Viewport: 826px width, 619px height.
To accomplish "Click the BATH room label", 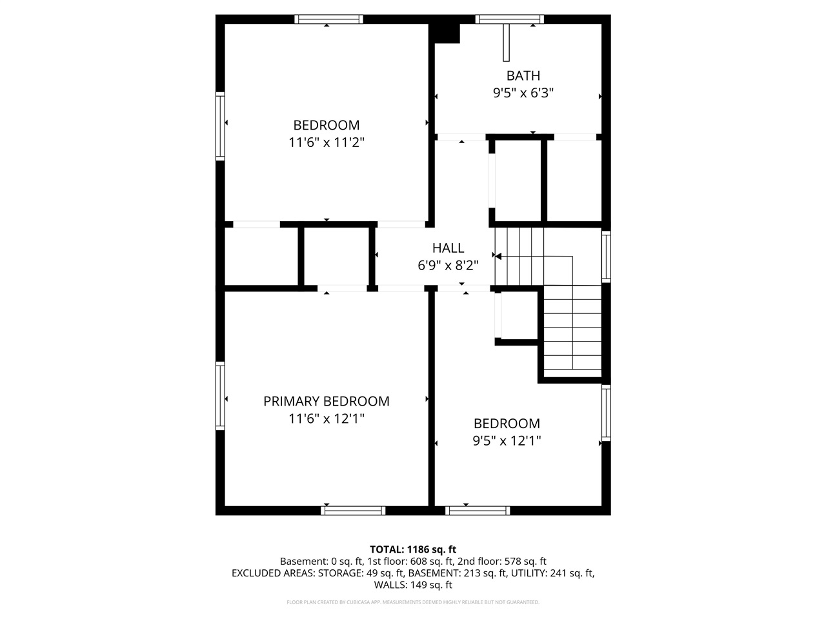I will pos(523,75).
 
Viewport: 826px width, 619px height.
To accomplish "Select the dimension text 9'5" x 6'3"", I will pos(523,93).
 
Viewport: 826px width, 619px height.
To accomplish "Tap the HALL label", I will pos(448,248).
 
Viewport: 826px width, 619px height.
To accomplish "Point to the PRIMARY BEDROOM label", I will pos(326,401).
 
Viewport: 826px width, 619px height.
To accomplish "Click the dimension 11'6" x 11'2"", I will pos(326,142).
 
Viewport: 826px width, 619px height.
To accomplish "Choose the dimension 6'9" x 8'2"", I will pos(448,265).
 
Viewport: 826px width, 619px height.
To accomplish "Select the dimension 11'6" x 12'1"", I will pos(326,418).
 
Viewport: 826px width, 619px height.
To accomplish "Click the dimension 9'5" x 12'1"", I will pos(507,441).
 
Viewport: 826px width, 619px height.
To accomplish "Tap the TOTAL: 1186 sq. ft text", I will pos(412,549).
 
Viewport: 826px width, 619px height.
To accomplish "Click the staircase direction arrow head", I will pos(498,257).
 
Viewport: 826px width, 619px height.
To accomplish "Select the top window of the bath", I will pos(509,19).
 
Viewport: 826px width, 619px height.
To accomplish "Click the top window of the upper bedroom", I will pos(328,19).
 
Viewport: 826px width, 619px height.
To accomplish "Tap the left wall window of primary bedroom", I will pos(220,396).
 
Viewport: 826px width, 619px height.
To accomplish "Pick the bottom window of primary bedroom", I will pos(353,511).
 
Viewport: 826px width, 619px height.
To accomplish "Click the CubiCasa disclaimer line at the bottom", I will pos(412,602).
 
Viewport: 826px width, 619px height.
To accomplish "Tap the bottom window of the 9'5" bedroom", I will pos(478,511).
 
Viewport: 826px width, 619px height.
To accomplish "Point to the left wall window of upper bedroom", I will pos(220,126).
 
